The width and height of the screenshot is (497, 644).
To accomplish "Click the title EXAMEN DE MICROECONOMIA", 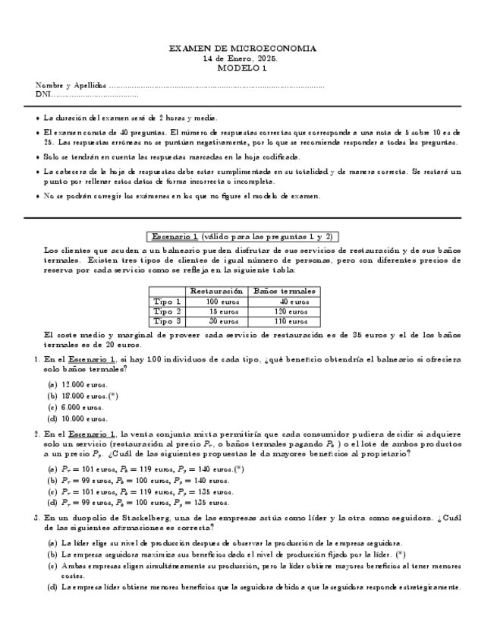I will pos(242,49).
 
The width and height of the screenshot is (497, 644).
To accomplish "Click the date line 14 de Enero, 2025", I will pos(242,58).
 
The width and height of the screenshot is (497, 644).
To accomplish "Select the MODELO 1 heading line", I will pos(242,68).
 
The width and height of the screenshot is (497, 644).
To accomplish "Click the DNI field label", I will pos(42,95).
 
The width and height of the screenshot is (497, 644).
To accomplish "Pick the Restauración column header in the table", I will pos(216,291).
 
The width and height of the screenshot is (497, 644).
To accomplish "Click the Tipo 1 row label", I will pos(167,301).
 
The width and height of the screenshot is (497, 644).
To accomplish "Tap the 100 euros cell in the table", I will pos(222,301).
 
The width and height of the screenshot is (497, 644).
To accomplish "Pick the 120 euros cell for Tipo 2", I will pos(291,311).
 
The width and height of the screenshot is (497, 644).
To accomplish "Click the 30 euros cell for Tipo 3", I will pos(224,321).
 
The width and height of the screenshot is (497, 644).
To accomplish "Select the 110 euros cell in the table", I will pos(291,321).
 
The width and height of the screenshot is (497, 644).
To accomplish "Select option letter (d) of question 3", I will pos(52,587).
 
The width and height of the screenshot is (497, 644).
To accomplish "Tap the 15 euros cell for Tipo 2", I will pos(224,311).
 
